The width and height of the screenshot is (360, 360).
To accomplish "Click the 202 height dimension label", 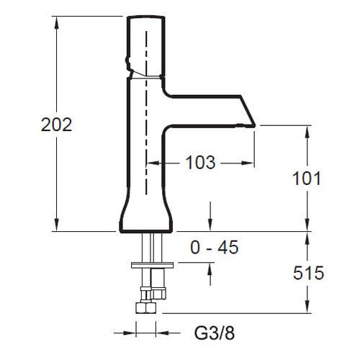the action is [x=57, y=125].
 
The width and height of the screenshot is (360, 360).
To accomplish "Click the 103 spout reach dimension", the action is [x=201, y=163].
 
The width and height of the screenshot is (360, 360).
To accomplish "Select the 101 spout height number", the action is [x=307, y=179].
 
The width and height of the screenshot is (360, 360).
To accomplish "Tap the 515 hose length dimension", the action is [x=308, y=273].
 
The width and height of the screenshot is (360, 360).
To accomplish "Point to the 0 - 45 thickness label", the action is [x=215, y=247].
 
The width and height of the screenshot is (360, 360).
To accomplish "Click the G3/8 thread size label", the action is [x=215, y=333].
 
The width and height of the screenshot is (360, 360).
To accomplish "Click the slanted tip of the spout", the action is [x=248, y=111].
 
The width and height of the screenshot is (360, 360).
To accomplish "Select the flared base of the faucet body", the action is [x=146, y=210].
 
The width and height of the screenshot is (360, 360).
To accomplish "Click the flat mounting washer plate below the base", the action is [x=152, y=265].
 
